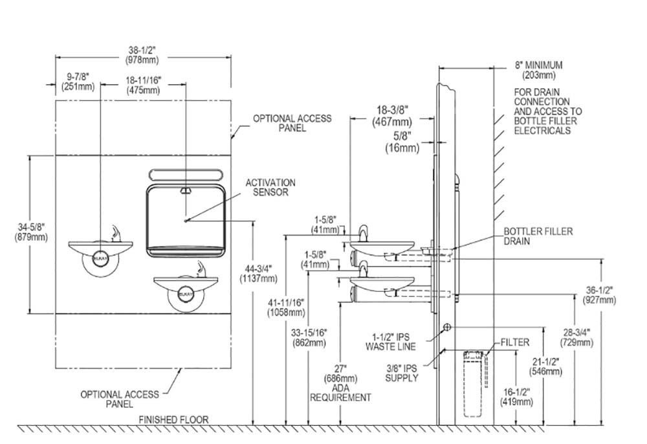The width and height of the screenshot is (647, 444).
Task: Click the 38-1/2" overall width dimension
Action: [x=142, y=55]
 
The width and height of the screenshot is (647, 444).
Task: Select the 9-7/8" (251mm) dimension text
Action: [x=78, y=82]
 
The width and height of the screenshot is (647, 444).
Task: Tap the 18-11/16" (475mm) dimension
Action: [x=143, y=85]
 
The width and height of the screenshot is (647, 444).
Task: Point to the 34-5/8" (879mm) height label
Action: [x=31, y=232]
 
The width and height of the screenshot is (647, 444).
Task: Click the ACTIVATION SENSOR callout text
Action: [x=270, y=187]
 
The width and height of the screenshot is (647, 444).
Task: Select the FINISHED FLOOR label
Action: [x=173, y=419]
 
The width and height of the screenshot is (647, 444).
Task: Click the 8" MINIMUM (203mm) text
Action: [x=538, y=70]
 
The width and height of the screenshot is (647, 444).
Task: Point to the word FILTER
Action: [x=515, y=342]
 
